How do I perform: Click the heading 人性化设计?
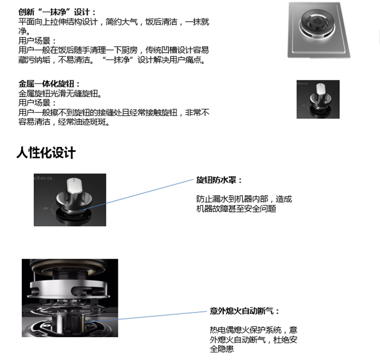[46, 153]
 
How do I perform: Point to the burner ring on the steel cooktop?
[317, 24]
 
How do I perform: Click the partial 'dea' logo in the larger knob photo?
[43, 178]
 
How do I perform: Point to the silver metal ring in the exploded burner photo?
[69, 290]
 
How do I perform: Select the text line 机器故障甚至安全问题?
[236, 209]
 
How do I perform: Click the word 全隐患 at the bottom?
[221, 349]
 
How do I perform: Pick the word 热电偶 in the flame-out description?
[221, 330]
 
